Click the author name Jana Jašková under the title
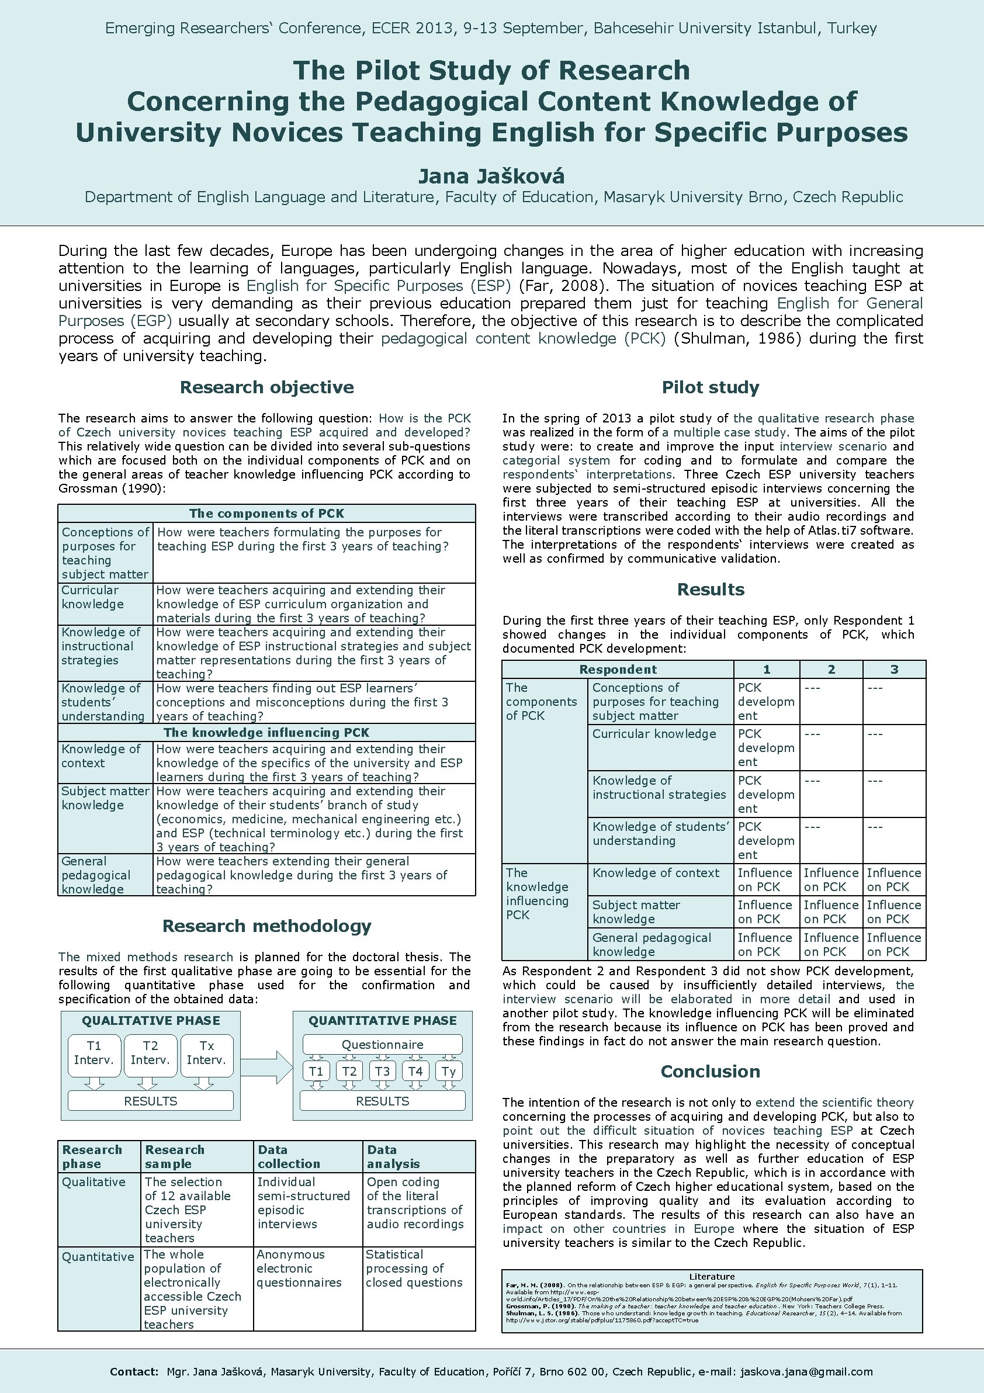click(x=491, y=176)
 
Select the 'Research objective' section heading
click(x=267, y=387)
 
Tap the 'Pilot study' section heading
click(x=711, y=387)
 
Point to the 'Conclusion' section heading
click(x=711, y=1071)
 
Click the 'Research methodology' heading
click(x=267, y=925)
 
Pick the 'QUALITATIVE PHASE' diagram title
click(x=151, y=1020)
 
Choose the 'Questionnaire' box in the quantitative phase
click(x=382, y=1044)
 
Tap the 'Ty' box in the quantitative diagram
click(x=448, y=1071)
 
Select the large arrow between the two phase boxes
click(x=267, y=1067)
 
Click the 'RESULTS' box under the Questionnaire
click(x=382, y=1101)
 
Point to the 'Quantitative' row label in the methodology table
click(x=98, y=1256)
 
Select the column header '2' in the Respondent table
click(x=831, y=669)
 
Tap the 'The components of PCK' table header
click(x=266, y=513)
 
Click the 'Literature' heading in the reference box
click(x=712, y=1276)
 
